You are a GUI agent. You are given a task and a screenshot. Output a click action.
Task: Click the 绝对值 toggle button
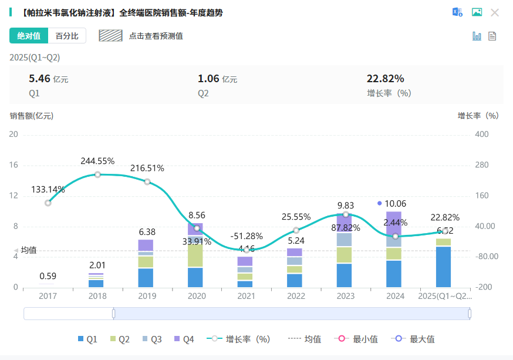coord(29,36)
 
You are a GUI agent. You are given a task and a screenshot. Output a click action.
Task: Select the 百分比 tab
coord(67,36)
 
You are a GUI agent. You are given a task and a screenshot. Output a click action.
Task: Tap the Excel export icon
coord(457,12)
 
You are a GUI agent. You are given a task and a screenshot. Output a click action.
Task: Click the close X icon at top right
coord(495,12)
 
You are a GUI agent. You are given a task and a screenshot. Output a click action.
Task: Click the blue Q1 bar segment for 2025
coord(444,267)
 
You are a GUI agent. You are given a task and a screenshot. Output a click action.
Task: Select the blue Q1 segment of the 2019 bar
coord(146,277)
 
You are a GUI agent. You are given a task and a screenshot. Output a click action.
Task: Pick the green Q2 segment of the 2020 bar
coord(195,255)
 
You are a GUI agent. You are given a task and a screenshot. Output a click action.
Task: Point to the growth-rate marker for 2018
coord(97,174)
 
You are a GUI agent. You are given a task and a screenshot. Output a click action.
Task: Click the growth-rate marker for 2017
coord(48,203)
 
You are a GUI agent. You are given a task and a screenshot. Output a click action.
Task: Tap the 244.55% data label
coord(97,161)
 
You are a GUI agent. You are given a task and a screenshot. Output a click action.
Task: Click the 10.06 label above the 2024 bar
coord(395,204)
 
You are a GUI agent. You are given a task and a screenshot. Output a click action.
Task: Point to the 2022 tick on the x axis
coord(296,296)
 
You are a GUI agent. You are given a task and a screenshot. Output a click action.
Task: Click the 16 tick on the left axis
coord(14,165)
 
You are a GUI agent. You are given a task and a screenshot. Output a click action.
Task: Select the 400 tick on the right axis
coord(481,134)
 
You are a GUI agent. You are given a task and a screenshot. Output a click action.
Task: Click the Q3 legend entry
coord(152,339)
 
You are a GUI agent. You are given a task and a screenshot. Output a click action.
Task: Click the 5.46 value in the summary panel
coord(39,79)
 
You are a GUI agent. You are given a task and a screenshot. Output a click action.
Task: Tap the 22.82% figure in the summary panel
coord(385,79)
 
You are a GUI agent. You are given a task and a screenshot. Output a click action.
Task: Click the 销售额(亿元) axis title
coord(31,116)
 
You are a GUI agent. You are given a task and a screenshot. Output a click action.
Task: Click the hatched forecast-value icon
coord(110,36)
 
